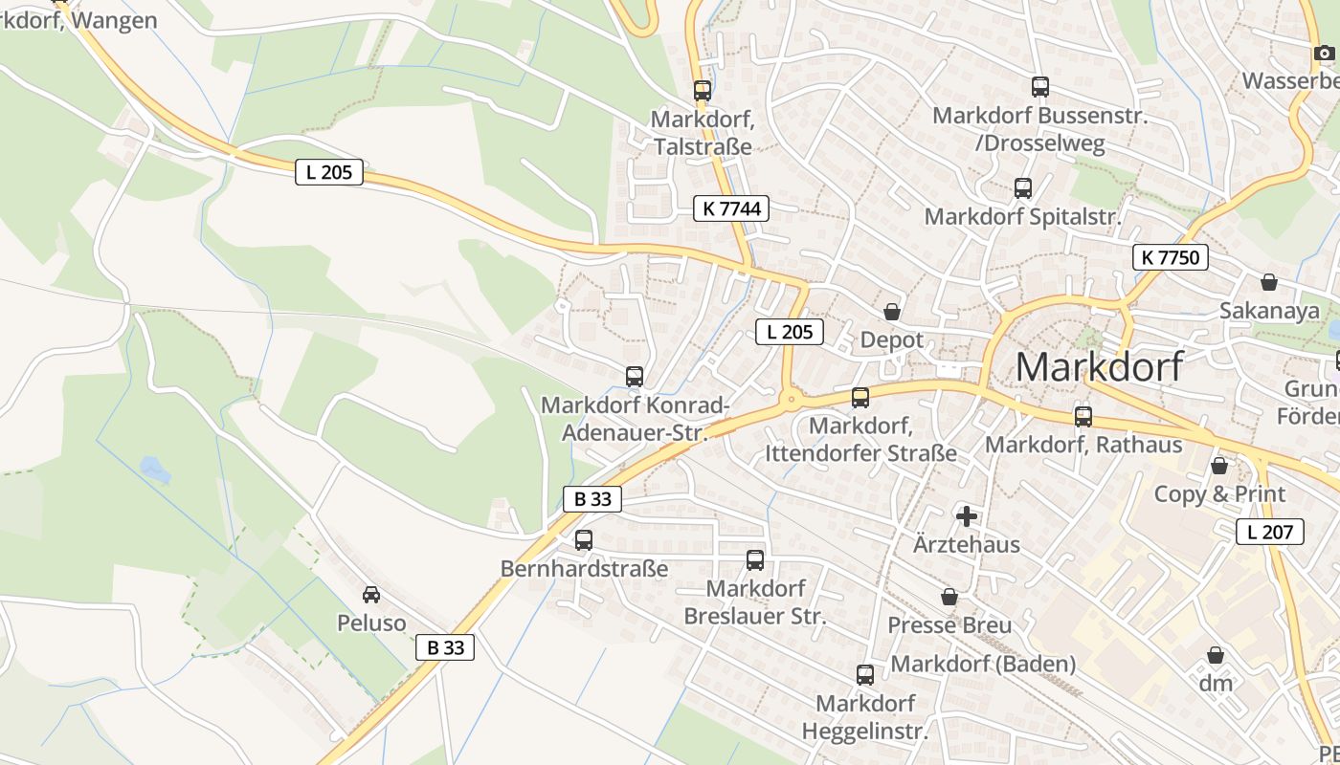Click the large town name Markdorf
tap(1099, 367)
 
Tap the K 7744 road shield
tap(731, 208)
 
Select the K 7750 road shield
tap(1170, 256)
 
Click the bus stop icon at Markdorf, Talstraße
tap(703, 91)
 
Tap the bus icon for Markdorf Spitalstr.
tap(1023, 187)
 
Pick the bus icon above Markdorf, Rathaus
tap(1083, 417)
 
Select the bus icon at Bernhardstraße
tap(584, 540)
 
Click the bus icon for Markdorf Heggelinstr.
tap(865, 675)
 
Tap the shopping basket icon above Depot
tap(892, 312)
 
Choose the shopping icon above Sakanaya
tap(1269, 282)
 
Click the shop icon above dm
tap(1216, 655)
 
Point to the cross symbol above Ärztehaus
tap(967, 517)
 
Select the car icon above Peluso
tap(371, 595)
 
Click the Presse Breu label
tap(949, 625)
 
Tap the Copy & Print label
tap(1218, 494)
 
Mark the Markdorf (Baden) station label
tap(983, 664)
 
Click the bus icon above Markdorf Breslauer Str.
tap(755, 559)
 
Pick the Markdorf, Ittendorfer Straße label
tap(860, 439)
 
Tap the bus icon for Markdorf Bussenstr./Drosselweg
tap(1040, 87)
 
